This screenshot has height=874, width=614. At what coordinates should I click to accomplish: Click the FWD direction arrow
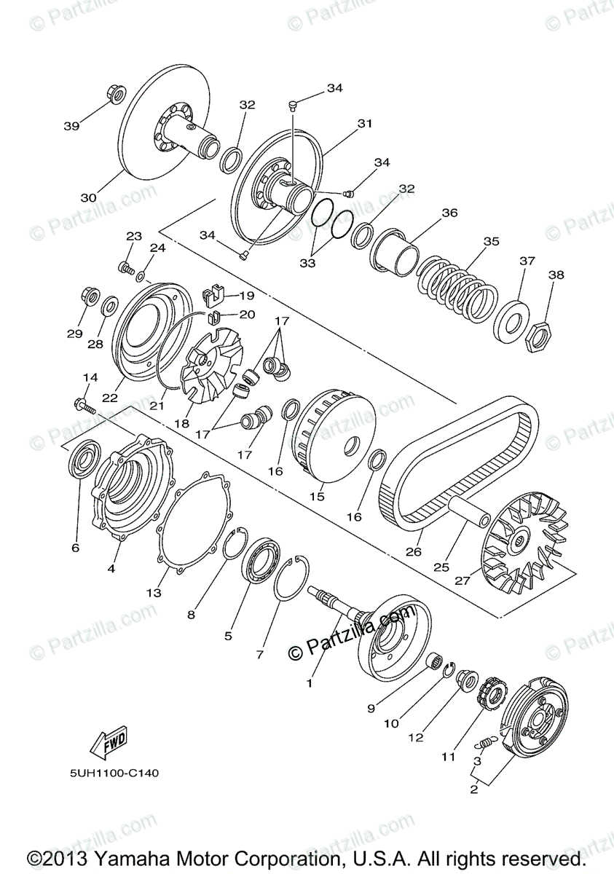pos(107,741)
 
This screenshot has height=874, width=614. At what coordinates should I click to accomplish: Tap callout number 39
pos(71,126)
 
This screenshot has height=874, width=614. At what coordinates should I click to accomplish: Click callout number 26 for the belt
pos(414,551)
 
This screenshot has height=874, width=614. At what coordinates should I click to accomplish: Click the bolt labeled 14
pos(83,403)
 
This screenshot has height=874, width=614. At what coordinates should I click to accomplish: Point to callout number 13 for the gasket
pos(153,593)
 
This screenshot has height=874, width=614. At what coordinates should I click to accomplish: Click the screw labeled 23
pos(127,267)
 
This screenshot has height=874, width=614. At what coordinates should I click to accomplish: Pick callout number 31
pos(364,124)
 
